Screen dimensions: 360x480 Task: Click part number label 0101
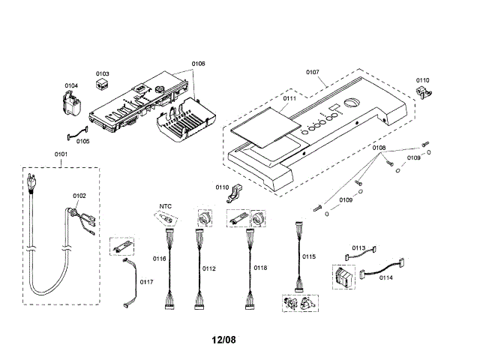click(61, 155)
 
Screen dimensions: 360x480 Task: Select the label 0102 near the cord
click(79, 196)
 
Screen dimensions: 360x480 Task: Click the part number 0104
click(71, 85)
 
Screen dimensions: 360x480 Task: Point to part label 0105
click(82, 140)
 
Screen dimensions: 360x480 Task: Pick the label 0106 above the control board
click(198, 64)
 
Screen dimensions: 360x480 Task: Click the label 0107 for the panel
click(312, 72)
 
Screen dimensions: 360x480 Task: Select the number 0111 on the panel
click(289, 99)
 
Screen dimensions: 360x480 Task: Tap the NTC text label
click(166, 205)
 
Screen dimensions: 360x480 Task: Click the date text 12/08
click(223, 340)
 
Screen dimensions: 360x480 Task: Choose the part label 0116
click(159, 259)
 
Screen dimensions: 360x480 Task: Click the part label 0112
click(208, 268)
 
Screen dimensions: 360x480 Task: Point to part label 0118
click(259, 268)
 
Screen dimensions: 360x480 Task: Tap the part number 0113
click(358, 248)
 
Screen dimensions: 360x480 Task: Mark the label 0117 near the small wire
click(146, 282)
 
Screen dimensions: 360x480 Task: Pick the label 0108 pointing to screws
click(379, 148)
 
